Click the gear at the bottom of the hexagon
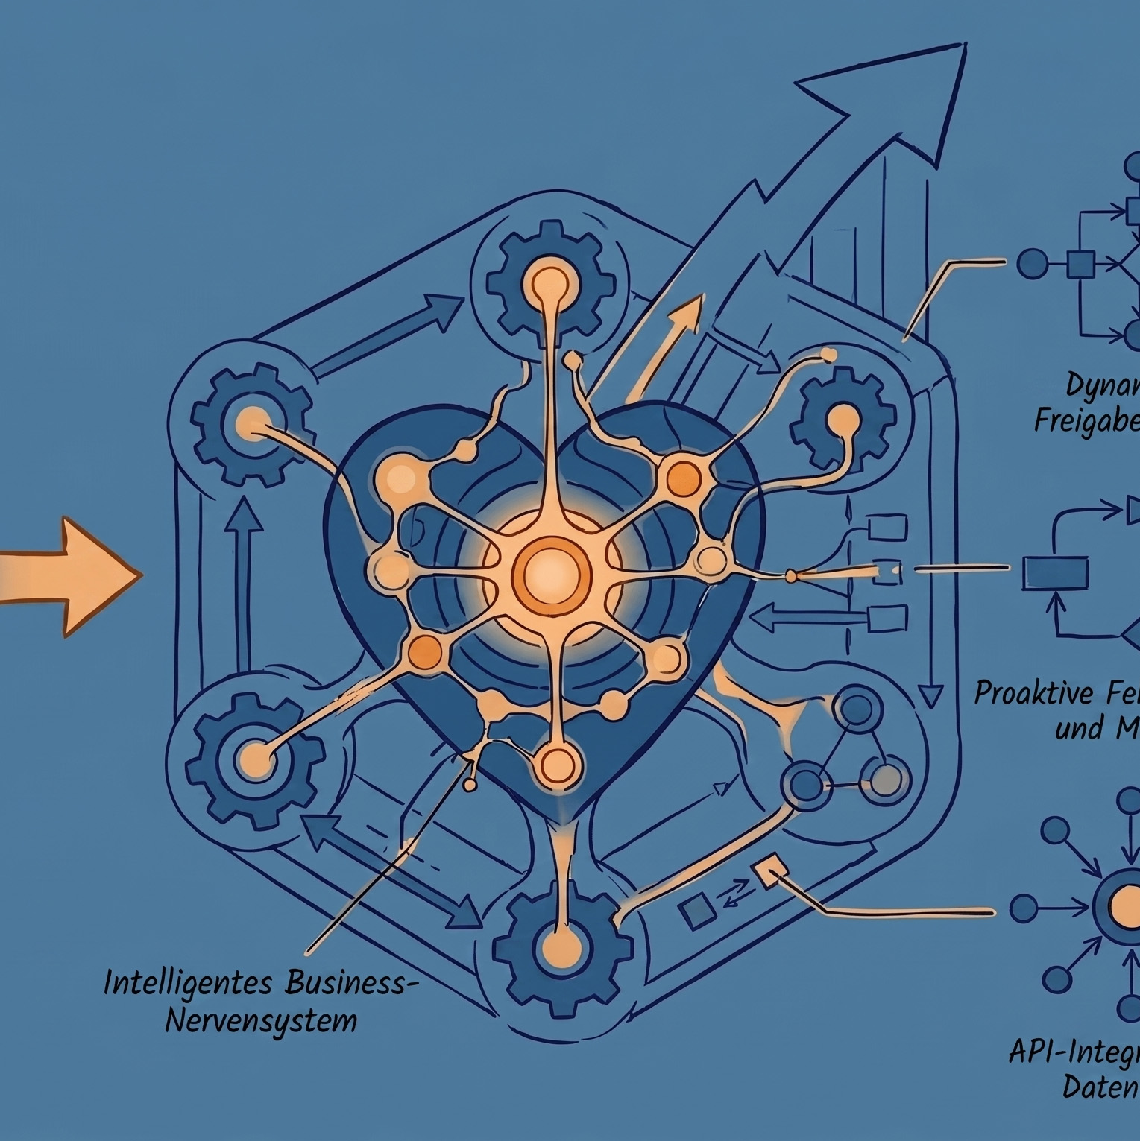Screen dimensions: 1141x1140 click(558, 951)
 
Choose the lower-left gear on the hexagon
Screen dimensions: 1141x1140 click(254, 757)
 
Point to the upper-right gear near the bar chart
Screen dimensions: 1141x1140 click(843, 418)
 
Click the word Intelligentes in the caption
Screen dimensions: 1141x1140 click(189, 982)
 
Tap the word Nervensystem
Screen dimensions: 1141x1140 click(261, 1020)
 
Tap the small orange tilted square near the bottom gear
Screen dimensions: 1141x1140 click(771, 873)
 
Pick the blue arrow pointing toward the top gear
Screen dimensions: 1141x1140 click(388, 334)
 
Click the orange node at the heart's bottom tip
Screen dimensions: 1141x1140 click(558, 763)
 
